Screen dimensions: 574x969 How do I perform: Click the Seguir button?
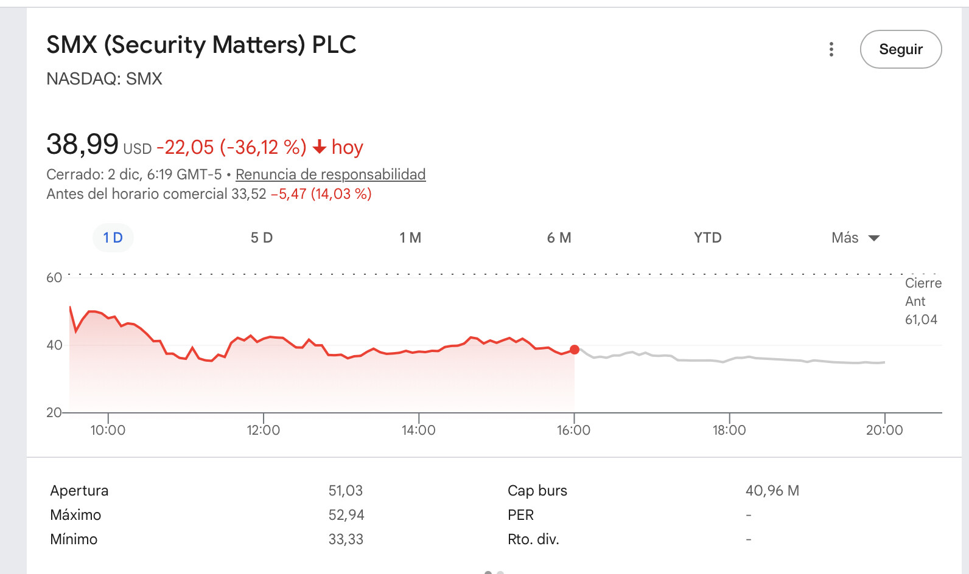pos(900,49)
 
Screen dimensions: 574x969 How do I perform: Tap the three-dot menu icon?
pos(831,49)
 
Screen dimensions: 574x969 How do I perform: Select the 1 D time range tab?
pos(113,238)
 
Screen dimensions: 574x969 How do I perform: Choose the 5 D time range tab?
pos(262,238)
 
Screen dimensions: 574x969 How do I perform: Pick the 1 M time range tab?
pos(410,238)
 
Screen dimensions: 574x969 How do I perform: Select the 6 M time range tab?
pos(559,238)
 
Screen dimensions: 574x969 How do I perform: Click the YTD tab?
pos(707,238)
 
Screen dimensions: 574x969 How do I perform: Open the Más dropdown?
pos(855,238)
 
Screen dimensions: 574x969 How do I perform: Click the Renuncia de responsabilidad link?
pos(331,175)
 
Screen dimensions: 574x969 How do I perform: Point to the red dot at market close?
pos(575,350)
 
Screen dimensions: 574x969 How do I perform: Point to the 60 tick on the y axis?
pos(54,278)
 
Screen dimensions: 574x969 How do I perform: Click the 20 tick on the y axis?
pos(54,413)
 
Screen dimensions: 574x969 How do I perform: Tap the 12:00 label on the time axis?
pos(263,431)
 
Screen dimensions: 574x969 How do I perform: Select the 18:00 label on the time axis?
pos(729,431)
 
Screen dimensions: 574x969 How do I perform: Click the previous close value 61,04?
pos(921,320)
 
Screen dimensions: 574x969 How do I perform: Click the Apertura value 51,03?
pos(345,491)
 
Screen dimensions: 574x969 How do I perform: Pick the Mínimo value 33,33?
pos(345,539)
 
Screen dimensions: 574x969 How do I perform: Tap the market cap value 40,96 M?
pos(772,491)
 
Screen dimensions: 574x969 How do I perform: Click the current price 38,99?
pos(82,145)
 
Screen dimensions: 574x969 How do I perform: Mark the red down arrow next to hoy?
pos(320,147)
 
